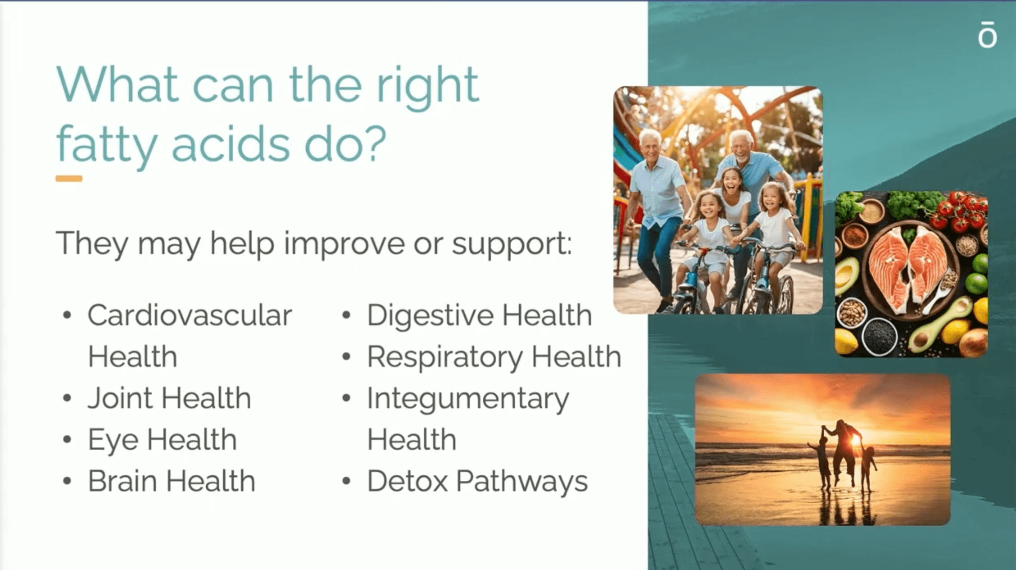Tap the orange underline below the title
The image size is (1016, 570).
pos(69,179)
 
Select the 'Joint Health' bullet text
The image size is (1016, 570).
pos(169,398)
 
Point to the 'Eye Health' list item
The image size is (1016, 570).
pos(162,440)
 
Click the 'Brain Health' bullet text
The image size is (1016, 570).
pos(171,481)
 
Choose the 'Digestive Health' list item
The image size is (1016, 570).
pos(479,316)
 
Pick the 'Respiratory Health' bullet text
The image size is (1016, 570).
pos(494,357)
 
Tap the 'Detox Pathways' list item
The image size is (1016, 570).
pos(477,482)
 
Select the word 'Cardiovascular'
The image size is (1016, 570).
pos(190,315)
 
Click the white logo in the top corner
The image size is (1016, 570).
pos(987,34)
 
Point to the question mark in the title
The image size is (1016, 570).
pos(376,143)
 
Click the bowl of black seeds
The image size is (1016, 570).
pos(879,336)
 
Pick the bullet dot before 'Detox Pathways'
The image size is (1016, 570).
pos(346,481)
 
